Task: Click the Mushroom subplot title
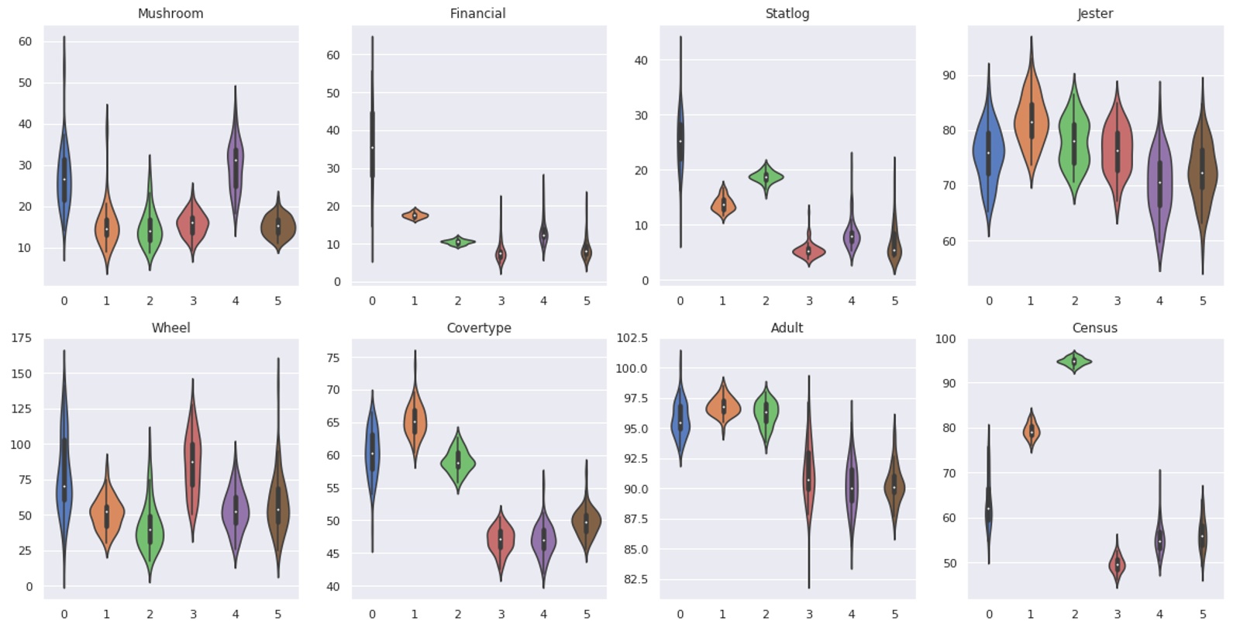tap(170, 13)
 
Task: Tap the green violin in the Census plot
tap(1074, 361)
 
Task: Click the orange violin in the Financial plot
tap(415, 216)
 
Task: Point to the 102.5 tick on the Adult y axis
tap(632, 338)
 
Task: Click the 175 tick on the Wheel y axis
tap(22, 338)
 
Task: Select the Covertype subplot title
tap(478, 327)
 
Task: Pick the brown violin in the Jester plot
tap(1202, 174)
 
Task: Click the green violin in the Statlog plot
tap(766, 178)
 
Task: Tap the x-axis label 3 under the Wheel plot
tap(193, 614)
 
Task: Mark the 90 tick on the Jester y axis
tap(949, 75)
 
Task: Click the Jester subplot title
tap(1094, 13)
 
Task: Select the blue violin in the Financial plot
tap(373, 147)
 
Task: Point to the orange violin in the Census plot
tap(1032, 432)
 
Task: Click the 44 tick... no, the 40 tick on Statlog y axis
tap(641, 60)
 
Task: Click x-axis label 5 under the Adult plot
tap(894, 614)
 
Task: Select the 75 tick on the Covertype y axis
tap(333, 357)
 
